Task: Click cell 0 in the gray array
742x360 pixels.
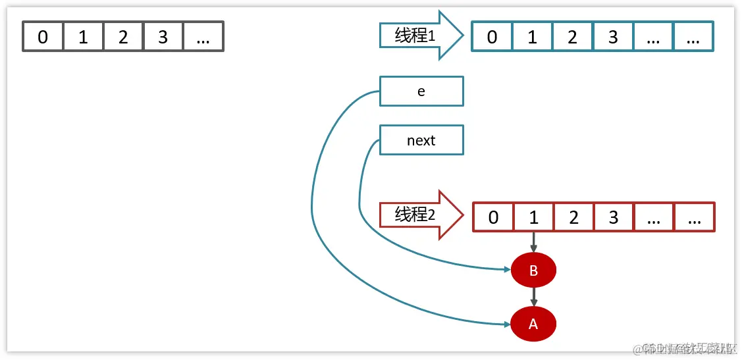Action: [43, 37]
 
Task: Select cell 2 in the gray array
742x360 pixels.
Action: [123, 37]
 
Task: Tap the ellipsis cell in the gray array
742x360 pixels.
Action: [203, 37]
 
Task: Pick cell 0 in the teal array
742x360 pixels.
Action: [492, 37]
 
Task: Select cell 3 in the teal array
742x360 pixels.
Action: [613, 37]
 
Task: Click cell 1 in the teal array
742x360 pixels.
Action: [532, 37]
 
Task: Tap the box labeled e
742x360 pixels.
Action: [421, 91]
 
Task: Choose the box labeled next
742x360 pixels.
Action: [421, 140]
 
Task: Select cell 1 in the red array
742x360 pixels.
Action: [534, 217]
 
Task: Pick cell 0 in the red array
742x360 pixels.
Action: [494, 217]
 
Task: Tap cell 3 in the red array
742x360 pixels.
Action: [614, 217]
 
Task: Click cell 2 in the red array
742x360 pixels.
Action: [573, 217]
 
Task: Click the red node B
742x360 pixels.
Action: [533, 270]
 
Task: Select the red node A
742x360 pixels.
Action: [533, 324]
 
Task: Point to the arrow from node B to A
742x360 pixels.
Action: [533, 296]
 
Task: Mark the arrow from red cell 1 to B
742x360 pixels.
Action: [533, 242]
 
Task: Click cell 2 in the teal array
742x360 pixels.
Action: [572, 37]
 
